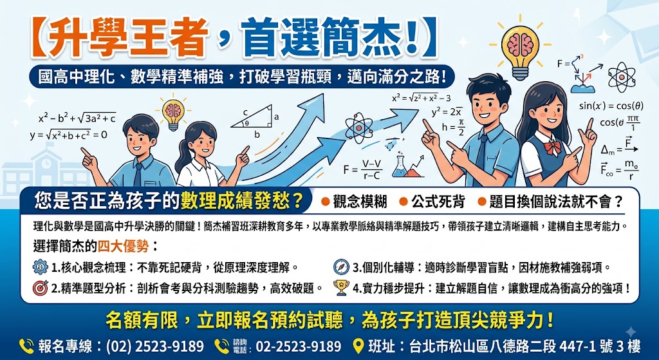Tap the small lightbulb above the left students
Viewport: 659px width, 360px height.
173,113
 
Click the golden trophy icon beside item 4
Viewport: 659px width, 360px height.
341,288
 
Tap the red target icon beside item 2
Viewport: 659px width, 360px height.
41,288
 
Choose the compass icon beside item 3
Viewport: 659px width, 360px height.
341,267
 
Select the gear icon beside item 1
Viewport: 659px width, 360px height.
41,267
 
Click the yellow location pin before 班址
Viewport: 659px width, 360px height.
358,346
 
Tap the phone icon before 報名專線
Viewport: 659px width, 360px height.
26,346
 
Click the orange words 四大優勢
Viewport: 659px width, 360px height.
123,245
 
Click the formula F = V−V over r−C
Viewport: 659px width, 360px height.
362,169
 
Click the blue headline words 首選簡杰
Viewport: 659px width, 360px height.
330,37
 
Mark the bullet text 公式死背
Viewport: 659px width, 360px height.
438,202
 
